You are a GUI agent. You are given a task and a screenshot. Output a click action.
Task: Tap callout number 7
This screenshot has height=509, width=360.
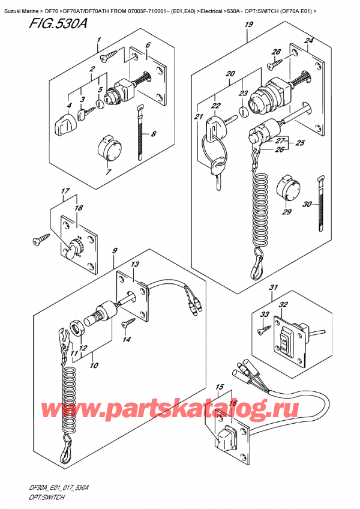click(109, 173)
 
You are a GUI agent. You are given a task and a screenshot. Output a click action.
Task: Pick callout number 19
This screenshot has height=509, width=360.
click(248, 25)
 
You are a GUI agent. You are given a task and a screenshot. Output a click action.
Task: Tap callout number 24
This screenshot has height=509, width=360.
click(309, 41)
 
